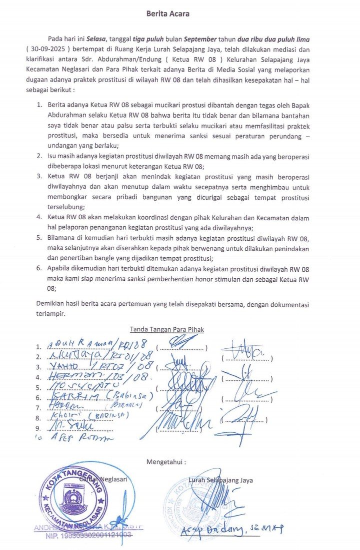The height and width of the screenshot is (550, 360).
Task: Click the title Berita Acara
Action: coord(167,14)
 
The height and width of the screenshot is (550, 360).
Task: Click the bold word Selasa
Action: coord(95,39)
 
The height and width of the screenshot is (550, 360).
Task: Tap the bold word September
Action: coord(200,39)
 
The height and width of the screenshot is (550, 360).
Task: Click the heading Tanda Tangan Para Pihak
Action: coord(166,329)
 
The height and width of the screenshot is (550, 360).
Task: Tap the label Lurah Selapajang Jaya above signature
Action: coord(220,480)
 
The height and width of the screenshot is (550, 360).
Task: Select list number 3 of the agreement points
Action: coord(39,176)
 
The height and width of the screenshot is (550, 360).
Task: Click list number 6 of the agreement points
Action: coord(39,268)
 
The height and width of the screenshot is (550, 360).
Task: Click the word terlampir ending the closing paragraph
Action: coord(50,315)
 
